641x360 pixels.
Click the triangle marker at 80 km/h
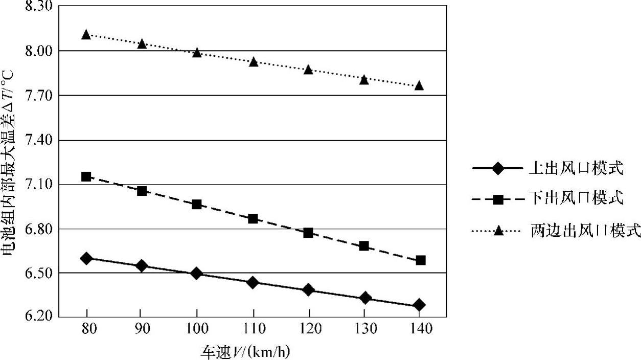coord(86,35)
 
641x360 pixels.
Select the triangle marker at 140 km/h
coord(419,85)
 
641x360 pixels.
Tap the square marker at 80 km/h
coord(86,176)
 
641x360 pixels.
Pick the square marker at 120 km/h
coord(308,233)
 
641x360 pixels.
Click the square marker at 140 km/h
coord(421,260)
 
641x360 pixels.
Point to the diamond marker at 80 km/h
coord(86,258)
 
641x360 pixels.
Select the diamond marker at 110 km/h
coord(253,282)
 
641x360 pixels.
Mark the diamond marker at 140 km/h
coord(419,305)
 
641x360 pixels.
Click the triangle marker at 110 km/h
coord(253,62)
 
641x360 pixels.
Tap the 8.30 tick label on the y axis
coord(40,6)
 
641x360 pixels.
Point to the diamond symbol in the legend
coord(498,168)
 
